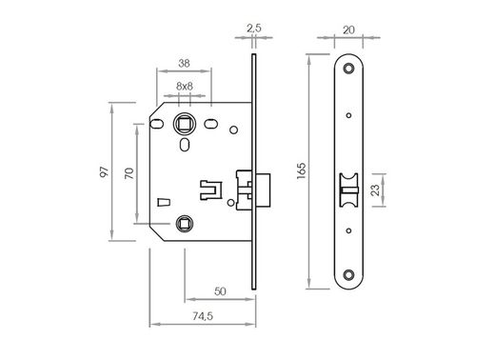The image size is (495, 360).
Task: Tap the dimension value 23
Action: click(x=377, y=190)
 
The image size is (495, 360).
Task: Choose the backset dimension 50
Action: click(x=220, y=290)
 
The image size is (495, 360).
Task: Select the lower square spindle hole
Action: click(x=185, y=224)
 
